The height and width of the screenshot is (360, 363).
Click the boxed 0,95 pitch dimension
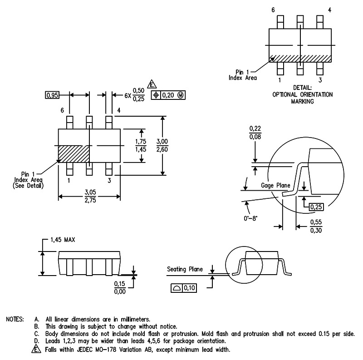click(52, 95)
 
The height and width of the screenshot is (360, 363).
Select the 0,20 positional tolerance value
click(168, 95)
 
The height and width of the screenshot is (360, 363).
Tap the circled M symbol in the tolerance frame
click(181, 95)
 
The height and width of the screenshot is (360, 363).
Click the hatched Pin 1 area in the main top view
click(74, 154)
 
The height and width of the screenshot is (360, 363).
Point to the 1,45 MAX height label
click(63, 240)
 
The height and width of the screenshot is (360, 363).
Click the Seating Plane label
click(185, 269)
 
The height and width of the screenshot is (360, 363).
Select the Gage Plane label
click(275, 185)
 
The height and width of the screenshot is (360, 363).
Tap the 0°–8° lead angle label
click(250, 218)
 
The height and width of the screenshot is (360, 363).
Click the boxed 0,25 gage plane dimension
click(316, 207)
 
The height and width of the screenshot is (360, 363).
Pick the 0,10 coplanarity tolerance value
click(190, 288)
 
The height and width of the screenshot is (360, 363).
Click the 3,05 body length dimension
click(90, 192)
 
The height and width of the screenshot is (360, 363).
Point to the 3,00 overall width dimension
click(162, 142)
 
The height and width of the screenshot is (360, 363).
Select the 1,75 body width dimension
click(141, 142)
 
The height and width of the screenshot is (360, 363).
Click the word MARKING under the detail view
click(302, 101)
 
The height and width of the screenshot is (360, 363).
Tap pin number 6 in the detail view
click(273, 10)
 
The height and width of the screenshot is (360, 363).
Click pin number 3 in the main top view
click(109, 181)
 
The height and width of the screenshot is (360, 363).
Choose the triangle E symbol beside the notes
click(36, 349)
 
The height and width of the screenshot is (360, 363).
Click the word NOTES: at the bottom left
click(15, 319)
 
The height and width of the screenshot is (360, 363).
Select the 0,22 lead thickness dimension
click(255, 128)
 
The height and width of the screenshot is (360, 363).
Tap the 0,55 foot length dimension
click(316, 222)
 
